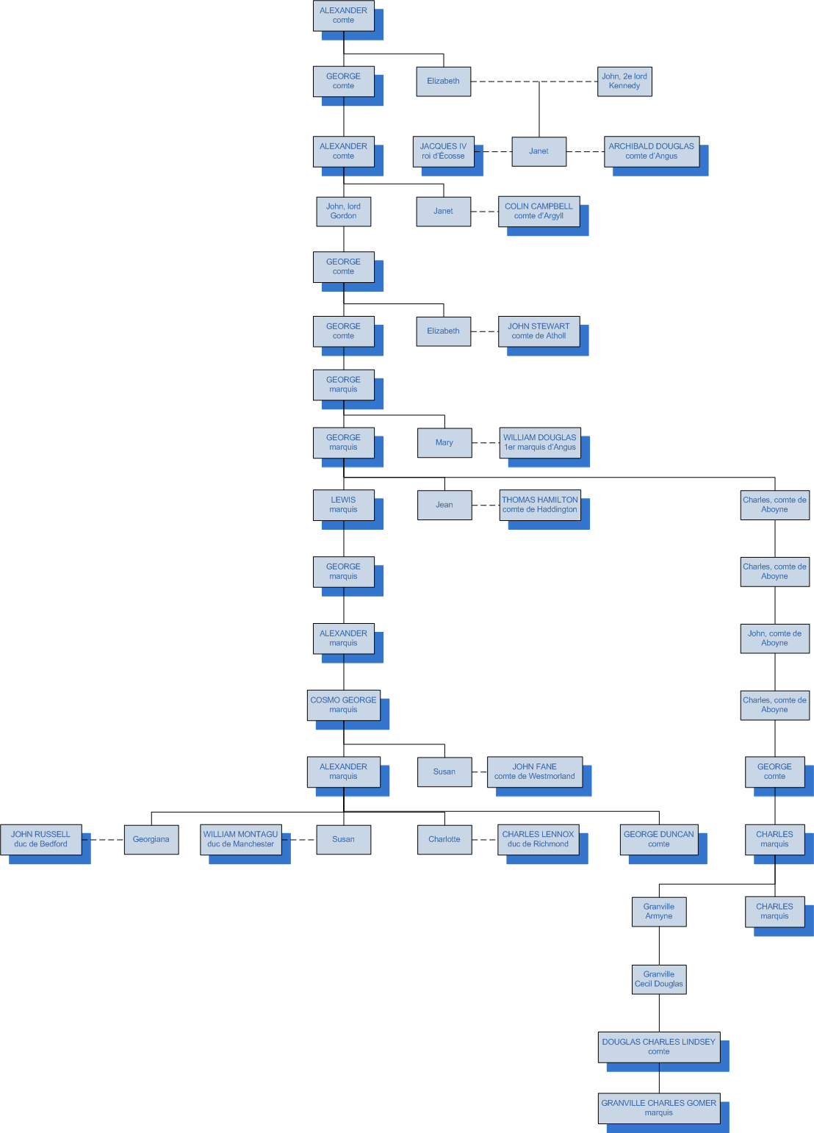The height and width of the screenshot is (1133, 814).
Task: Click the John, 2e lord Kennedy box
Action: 624,82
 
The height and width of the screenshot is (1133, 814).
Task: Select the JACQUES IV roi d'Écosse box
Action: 443,151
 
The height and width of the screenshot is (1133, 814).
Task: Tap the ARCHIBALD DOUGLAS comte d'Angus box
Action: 651,151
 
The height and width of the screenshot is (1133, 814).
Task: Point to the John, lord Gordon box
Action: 343,212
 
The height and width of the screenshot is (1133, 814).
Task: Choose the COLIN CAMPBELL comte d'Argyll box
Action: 539,212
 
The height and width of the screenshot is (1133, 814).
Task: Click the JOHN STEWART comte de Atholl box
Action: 539,331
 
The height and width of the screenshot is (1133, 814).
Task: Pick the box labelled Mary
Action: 444,443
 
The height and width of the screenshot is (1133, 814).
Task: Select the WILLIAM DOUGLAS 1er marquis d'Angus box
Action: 540,442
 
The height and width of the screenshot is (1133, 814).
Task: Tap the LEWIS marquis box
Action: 343,505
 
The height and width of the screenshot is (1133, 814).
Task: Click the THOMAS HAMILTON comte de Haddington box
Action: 540,505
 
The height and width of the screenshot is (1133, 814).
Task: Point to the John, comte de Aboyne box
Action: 774,639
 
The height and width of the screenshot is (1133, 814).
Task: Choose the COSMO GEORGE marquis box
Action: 343,705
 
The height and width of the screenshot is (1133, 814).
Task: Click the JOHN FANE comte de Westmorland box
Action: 534,771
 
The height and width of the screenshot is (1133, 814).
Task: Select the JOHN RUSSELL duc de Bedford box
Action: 40,839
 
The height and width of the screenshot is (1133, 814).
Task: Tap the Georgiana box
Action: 151,840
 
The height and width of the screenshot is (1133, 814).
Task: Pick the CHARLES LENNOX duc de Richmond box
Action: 538,839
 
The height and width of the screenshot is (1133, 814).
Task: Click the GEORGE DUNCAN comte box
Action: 658,839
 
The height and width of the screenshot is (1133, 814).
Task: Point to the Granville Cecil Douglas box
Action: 659,979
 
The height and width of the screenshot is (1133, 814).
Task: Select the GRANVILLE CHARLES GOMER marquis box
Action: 658,1108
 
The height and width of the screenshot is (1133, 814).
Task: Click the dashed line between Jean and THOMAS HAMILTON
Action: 486,506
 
